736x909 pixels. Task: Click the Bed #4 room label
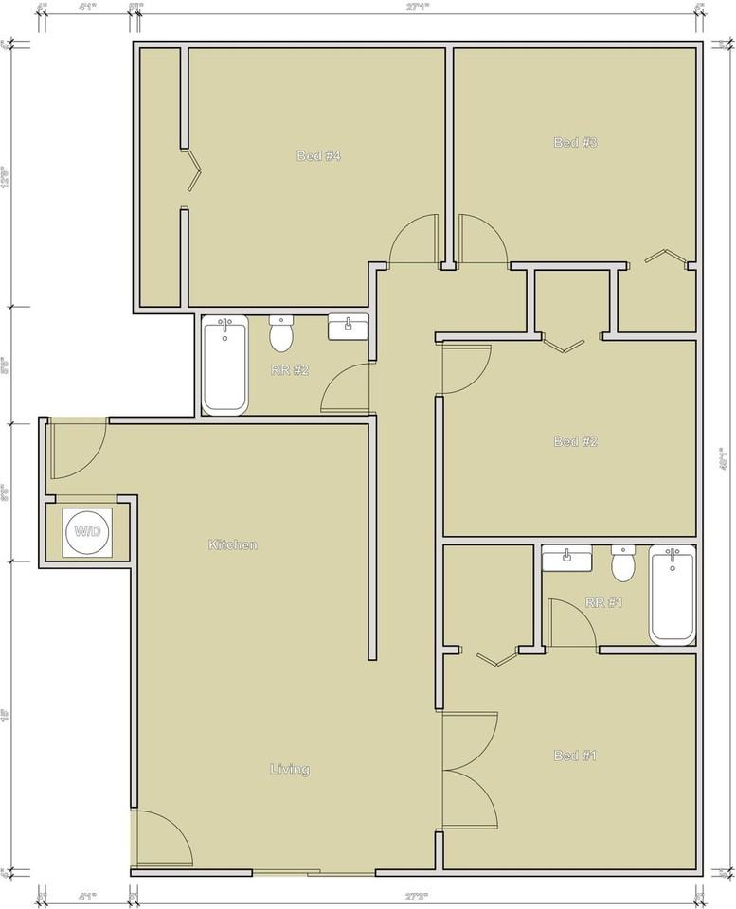(x=318, y=156)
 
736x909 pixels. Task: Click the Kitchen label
(x=233, y=545)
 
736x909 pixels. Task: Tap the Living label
(x=289, y=770)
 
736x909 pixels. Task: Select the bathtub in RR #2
(x=224, y=365)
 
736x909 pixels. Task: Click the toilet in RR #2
(x=281, y=334)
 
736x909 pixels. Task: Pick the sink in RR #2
(x=348, y=328)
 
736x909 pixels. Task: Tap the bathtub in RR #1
(x=673, y=597)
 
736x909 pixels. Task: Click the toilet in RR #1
(x=622, y=564)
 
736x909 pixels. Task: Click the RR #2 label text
(x=290, y=370)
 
